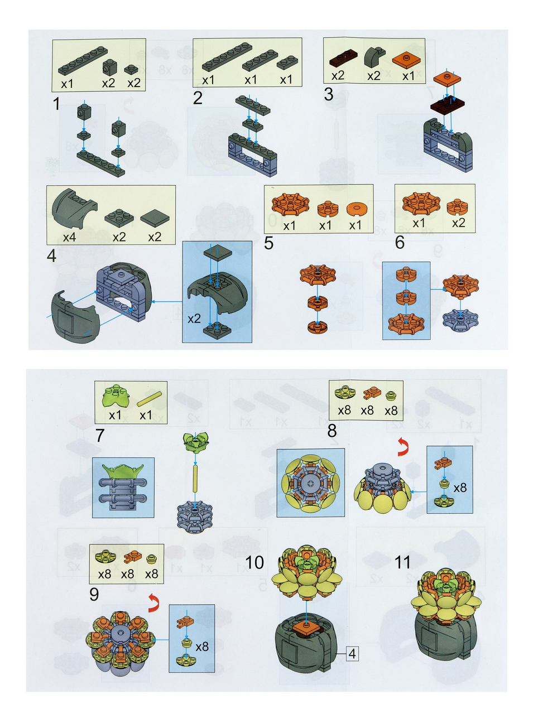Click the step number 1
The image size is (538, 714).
56,104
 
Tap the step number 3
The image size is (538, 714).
328,94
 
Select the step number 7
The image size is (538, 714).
100,435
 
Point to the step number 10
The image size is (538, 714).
254,562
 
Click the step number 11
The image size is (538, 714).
402,562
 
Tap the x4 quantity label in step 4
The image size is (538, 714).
69,237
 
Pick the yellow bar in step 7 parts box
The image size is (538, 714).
149,399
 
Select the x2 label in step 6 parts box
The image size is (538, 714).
458,223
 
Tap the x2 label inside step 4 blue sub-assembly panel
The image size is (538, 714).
194,319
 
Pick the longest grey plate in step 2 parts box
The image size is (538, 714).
227,57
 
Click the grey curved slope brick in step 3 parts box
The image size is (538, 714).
374,58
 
